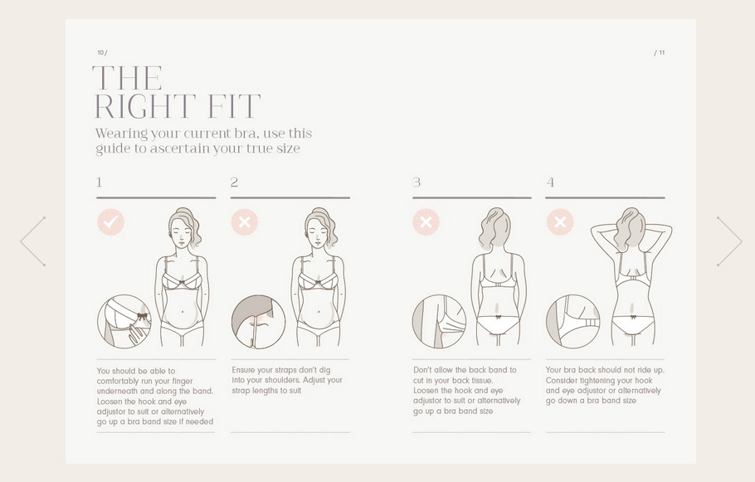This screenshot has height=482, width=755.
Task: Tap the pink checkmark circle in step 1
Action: click(110, 222)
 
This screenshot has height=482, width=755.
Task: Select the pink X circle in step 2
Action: click(245, 222)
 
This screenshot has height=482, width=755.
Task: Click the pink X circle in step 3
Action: click(426, 222)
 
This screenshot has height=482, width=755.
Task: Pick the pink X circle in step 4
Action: click(561, 222)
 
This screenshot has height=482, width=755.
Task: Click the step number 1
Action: click(100, 183)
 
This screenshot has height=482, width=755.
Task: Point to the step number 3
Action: click(416, 183)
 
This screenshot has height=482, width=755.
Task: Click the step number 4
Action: click(550, 183)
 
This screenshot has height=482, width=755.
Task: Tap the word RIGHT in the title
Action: click(144, 106)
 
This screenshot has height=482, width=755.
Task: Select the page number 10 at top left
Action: click(100, 52)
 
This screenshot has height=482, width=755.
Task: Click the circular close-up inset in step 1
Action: click(124, 321)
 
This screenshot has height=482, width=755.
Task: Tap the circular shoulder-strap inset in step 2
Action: click(258, 321)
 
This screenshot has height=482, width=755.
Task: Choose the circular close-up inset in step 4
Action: click(573, 321)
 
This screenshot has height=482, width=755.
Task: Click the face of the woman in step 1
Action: click(179, 234)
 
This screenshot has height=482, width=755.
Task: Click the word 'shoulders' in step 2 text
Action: click(268, 381)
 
